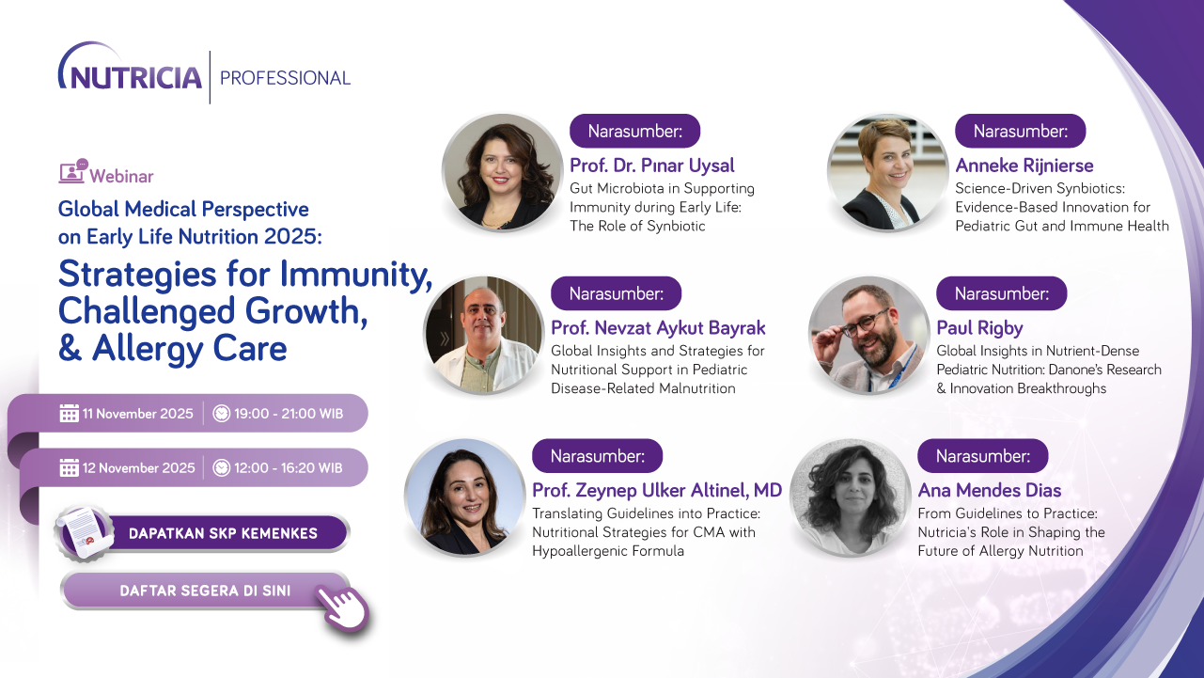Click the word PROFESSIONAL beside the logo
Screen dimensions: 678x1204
tap(285, 78)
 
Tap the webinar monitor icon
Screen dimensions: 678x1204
tap(72, 172)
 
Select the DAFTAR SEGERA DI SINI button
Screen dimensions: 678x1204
tap(205, 591)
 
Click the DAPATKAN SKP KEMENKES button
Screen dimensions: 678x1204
tap(223, 533)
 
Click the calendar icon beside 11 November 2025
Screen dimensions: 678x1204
tap(69, 414)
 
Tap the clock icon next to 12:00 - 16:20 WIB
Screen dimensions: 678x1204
tap(222, 467)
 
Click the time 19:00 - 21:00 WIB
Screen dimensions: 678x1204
tap(290, 414)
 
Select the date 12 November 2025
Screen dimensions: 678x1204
tap(139, 467)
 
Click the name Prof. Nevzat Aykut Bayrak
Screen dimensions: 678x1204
tap(658, 328)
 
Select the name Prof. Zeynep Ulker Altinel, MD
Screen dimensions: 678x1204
tap(657, 491)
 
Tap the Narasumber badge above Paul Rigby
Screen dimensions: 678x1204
tap(1001, 293)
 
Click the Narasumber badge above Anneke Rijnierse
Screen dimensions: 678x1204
tap(1020, 131)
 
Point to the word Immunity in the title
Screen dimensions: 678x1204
tap(347, 274)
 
